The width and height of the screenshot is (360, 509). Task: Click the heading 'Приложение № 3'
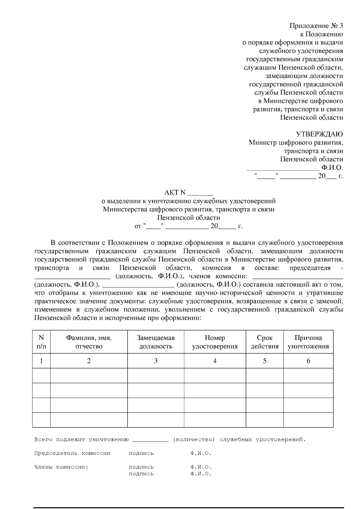coord(316,26)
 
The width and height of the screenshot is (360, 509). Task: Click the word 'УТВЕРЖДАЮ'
coord(319,134)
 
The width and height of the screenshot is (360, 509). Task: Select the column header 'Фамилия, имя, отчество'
coord(89,342)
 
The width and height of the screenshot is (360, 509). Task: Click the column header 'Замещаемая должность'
coord(156,342)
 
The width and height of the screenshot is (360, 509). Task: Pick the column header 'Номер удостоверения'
coord(215,342)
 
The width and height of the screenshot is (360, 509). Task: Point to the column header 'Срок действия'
coord(265,342)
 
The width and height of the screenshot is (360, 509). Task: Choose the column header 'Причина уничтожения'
coord(308,342)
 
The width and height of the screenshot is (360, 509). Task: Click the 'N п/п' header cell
coord(41,342)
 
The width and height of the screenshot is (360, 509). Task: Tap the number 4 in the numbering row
coord(215,361)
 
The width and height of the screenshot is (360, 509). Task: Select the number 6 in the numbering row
coord(308,361)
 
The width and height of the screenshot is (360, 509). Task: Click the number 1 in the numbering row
coord(41,361)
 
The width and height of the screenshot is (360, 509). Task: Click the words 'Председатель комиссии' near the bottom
coord(72,453)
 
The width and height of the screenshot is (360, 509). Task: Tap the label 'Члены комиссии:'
coord(61,467)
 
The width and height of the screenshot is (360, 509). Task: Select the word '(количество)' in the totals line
coord(194,440)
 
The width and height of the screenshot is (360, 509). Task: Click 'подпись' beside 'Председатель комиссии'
coord(141,453)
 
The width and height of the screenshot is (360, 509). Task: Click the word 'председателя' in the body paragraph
coord(310,268)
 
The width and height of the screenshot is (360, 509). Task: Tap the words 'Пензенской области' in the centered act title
coord(189,218)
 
